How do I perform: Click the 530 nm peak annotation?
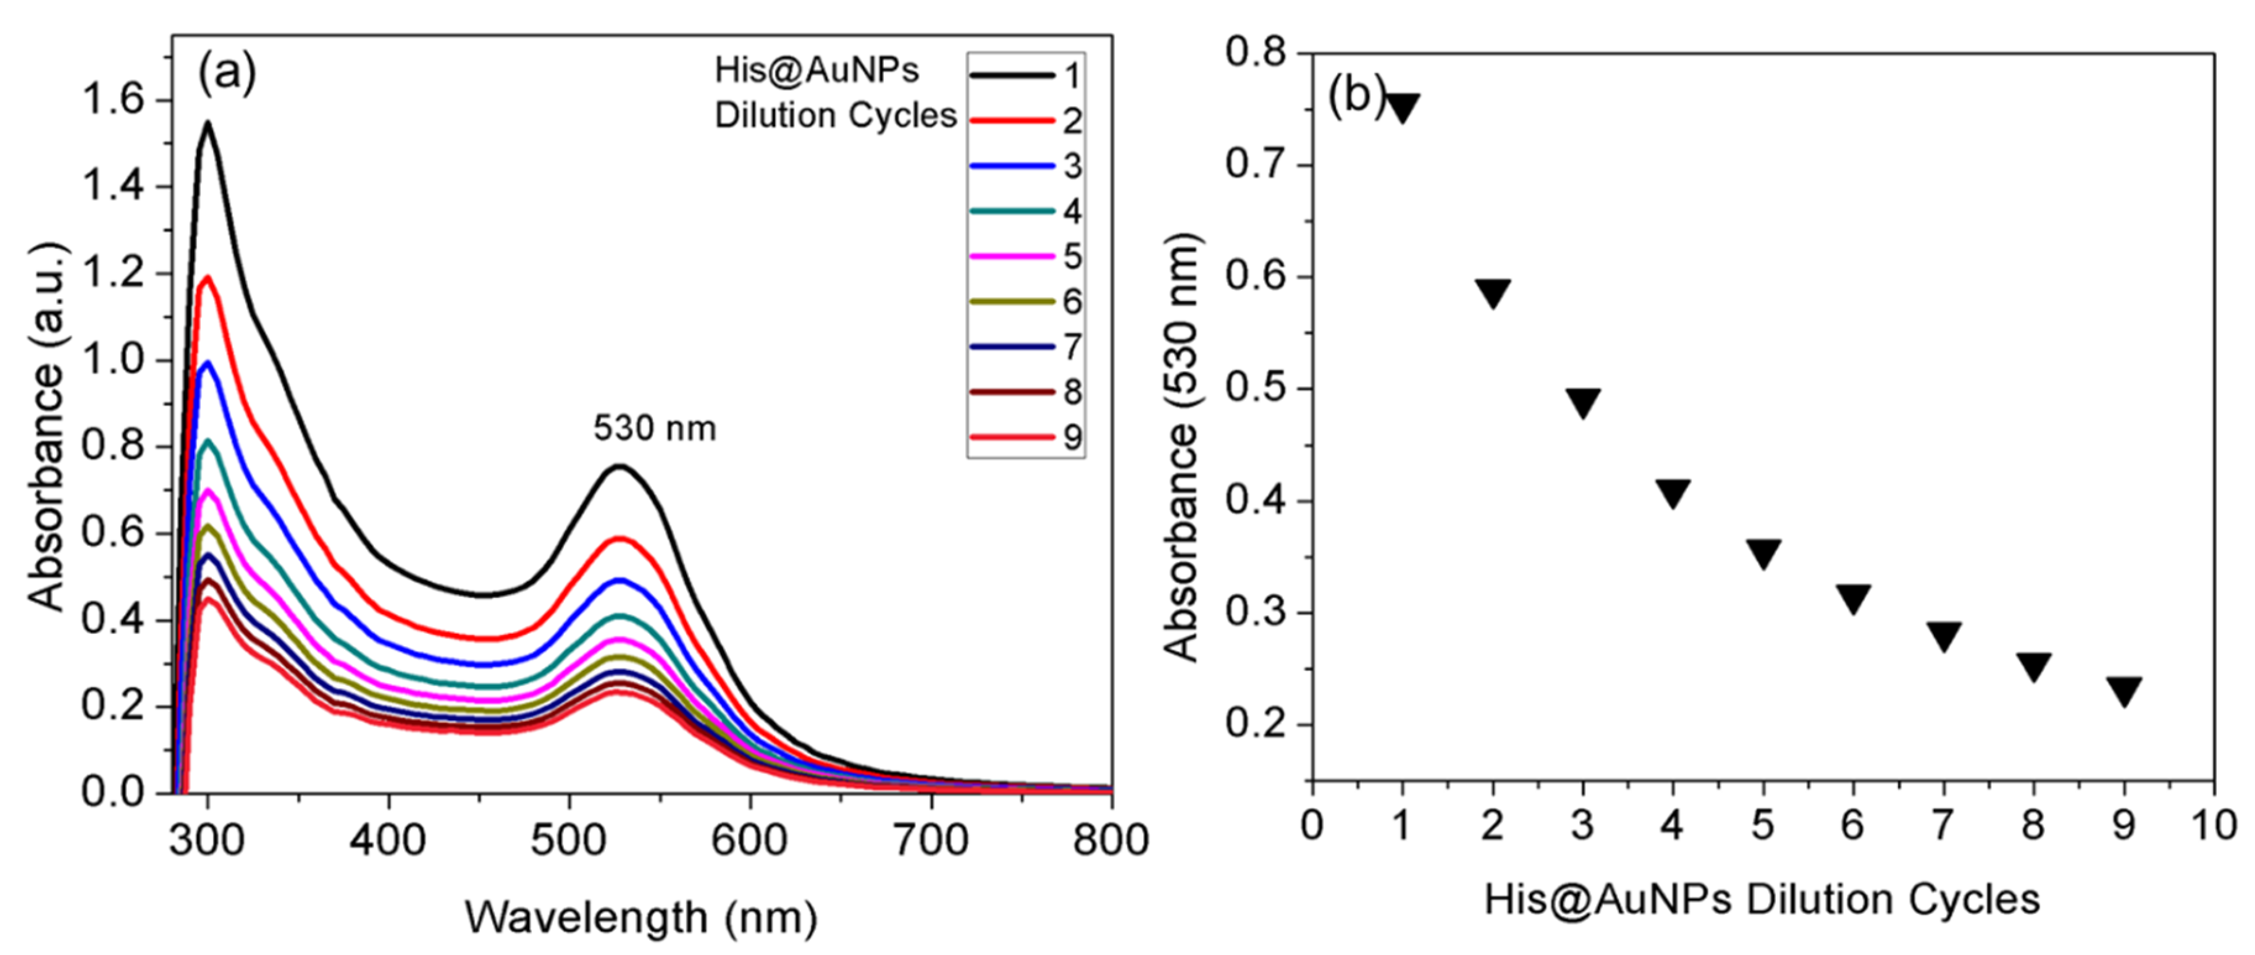pyautogui.click(x=655, y=429)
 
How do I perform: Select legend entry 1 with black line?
pyautogui.click(x=1024, y=76)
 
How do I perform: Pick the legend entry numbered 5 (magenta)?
pyautogui.click(x=1024, y=256)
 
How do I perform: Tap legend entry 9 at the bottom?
pyautogui.click(x=1024, y=437)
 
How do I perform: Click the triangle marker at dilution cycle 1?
pyautogui.click(x=1403, y=107)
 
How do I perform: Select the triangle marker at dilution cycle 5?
pyautogui.click(x=1763, y=554)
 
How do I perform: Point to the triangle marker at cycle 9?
pyautogui.click(x=2123, y=691)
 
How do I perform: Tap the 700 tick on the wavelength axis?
pyautogui.click(x=931, y=840)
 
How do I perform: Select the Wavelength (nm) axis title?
pyautogui.click(x=640, y=918)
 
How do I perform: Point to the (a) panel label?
pyautogui.click(x=226, y=74)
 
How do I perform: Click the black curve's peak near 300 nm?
pyautogui.click(x=208, y=124)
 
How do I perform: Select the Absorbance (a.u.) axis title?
pyautogui.click(x=48, y=426)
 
